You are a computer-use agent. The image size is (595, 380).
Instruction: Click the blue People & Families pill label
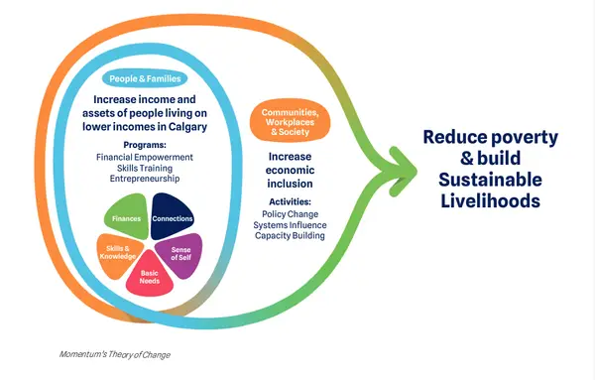point(145,78)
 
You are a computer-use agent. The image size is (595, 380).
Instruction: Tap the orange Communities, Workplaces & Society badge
point(290,122)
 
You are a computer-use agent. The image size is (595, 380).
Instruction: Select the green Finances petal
point(127,216)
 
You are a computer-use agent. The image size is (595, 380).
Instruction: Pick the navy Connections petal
point(172,216)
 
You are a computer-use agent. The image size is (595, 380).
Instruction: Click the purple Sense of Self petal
point(180,254)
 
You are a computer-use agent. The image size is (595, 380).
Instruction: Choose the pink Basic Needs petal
point(150,275)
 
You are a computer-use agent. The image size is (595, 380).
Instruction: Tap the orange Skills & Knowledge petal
point(119,254)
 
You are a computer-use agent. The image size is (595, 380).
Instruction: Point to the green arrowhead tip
point(416,172)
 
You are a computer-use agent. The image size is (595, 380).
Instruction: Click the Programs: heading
point(145,145)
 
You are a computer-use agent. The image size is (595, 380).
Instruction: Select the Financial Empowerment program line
point(145,157)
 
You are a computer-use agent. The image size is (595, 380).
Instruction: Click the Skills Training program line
point(145,168)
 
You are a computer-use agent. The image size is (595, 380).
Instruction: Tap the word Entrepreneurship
point(145,179)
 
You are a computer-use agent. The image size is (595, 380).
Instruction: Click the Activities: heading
point(290,201)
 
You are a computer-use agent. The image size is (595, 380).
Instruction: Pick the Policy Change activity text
point(290,214)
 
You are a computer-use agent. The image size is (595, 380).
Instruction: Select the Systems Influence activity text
point(290,225)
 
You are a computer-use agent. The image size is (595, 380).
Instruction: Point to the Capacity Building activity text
point(290,236)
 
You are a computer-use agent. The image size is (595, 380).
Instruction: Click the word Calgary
point(187,127)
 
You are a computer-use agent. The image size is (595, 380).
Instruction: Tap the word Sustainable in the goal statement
point(490,180)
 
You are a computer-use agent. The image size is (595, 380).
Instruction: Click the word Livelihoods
point(490,200)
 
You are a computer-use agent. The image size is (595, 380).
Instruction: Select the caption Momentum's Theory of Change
point(115,355)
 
